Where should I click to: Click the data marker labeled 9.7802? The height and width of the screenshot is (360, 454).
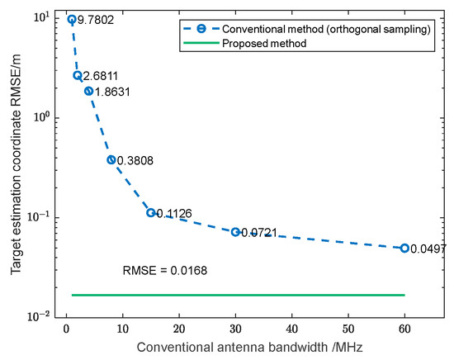tap(72, 19)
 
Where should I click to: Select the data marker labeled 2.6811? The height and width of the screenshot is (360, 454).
tap(78, 75)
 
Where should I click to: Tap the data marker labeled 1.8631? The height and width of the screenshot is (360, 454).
tap(88, 91)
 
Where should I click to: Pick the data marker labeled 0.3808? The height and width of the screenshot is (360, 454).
tap(111, 159)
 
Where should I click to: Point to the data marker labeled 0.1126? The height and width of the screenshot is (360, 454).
tap(151, 213)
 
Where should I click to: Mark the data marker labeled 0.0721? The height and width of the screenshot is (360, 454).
tap(235, 232)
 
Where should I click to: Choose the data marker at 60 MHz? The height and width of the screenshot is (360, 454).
tap(404, 248)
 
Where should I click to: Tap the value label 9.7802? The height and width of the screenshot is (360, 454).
tap(96, 20)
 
